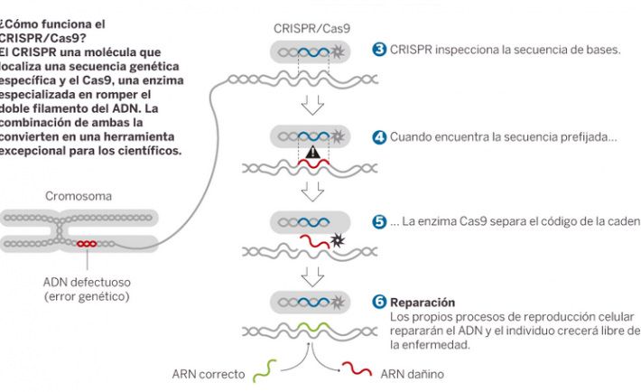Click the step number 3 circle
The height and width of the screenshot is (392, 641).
(380, 49)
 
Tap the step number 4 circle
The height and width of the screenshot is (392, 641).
(380, 137)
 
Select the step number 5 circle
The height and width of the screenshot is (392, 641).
(380, 221)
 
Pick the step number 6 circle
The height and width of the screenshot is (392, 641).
(380, 302)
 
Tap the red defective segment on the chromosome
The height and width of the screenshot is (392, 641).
(87, 244)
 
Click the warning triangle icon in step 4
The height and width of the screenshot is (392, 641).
(312, 154)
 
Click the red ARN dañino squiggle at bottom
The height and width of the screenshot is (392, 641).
(355, 369)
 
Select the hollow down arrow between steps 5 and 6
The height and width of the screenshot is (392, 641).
(312, 274)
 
